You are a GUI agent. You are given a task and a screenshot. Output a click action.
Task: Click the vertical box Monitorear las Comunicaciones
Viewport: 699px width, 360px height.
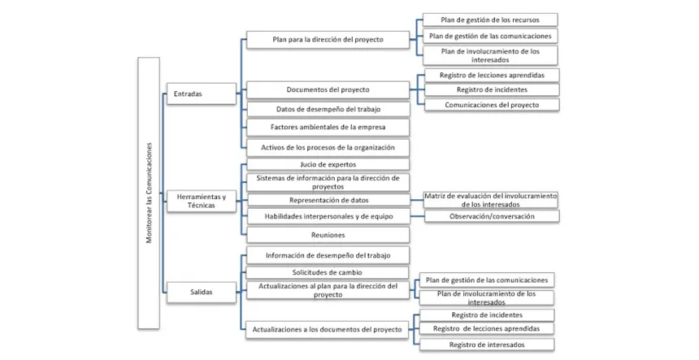click(x=149, y=193)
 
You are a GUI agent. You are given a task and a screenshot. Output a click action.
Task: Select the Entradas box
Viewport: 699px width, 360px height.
click(x=202, y=93)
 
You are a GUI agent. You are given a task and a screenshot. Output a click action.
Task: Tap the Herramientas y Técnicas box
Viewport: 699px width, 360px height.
click(x=202, y=201)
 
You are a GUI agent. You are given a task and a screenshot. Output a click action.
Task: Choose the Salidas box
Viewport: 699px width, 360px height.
click(x=202, y=293)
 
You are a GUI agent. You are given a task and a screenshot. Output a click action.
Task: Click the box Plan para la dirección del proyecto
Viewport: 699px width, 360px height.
click(x=328, y=40)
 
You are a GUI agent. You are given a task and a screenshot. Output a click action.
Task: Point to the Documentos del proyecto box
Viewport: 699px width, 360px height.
click(x=328, y=89)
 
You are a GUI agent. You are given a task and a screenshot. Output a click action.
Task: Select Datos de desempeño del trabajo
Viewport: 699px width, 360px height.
click(x=328, y=109)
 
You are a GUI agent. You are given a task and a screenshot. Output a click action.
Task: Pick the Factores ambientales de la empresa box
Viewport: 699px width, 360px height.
click(x=328, y=128)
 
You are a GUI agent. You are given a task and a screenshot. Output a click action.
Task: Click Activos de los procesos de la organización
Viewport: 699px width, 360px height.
click(x=328, y=147)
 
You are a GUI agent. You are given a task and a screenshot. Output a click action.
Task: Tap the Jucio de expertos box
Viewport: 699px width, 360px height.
click(x=328, y=164)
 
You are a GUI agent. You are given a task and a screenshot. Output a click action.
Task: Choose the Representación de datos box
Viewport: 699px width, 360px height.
click(x=328, y=200)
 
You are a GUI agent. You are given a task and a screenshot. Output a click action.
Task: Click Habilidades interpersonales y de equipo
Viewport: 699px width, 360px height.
click(x=328, y=216)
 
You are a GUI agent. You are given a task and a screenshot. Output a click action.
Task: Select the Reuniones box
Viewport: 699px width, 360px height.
click(x=328, y=235)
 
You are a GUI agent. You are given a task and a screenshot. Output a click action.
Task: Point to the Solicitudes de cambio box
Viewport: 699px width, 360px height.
click(x=328, y=272)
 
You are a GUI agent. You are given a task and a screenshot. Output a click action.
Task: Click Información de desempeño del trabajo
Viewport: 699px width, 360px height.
click(x=328, y=255)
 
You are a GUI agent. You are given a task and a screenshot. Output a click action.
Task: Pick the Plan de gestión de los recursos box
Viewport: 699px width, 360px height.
click(x=490, y=20)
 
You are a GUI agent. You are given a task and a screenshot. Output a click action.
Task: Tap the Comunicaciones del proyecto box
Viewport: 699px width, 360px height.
click(x=492, y=105)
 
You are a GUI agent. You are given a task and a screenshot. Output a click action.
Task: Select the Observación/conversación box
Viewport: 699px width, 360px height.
click(x=492, y=216)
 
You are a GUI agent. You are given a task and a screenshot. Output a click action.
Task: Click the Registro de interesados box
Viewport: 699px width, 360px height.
click(x=487, y=345)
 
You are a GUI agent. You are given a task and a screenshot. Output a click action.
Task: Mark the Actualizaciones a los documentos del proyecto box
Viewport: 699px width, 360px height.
click(x=328, y=330)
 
